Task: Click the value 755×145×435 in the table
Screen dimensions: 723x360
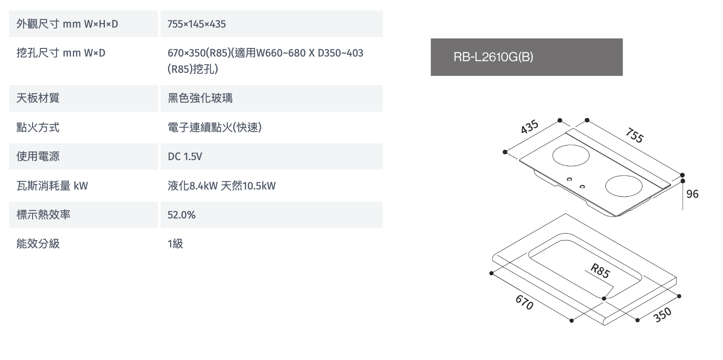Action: point(196,24)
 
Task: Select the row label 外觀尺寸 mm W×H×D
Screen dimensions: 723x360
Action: point(67,24)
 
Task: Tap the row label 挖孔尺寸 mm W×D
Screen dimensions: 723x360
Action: point(61,53)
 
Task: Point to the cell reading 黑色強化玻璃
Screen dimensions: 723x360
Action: point(200,98)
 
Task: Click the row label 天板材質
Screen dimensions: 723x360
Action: point(38,98)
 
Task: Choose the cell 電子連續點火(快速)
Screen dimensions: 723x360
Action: point(214,128)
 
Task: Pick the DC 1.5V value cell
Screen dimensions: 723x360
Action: point(185,157)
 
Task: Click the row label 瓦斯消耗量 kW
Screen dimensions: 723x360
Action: point(52,186)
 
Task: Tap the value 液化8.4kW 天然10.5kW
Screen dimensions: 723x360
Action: point(222,186)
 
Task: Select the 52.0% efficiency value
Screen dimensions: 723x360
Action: point(181,215)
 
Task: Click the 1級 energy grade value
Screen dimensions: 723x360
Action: point(175,244)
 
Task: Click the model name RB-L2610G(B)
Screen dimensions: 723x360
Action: point(493,57)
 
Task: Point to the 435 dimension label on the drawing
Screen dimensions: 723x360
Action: point(530,127)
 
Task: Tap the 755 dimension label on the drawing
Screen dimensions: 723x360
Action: point(635,135)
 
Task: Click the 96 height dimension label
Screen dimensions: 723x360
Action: point(692,194)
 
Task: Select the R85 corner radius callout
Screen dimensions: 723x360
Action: point(600,270)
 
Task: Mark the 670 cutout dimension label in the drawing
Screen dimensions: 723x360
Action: point(524,303)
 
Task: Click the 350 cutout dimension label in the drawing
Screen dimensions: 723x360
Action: point(662,314)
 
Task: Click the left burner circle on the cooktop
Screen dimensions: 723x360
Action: point(571,156)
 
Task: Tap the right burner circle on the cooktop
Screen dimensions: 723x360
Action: point(623,186)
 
